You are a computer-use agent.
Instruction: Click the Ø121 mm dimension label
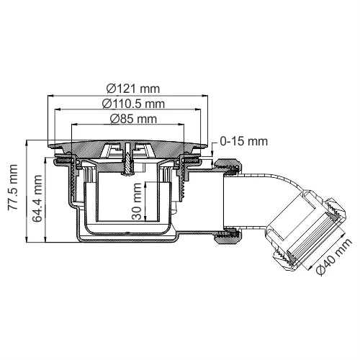[x=132, y=88]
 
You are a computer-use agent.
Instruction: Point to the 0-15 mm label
[x=240, y=143]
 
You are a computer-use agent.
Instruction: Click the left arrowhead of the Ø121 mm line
[x=50, y=96]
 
